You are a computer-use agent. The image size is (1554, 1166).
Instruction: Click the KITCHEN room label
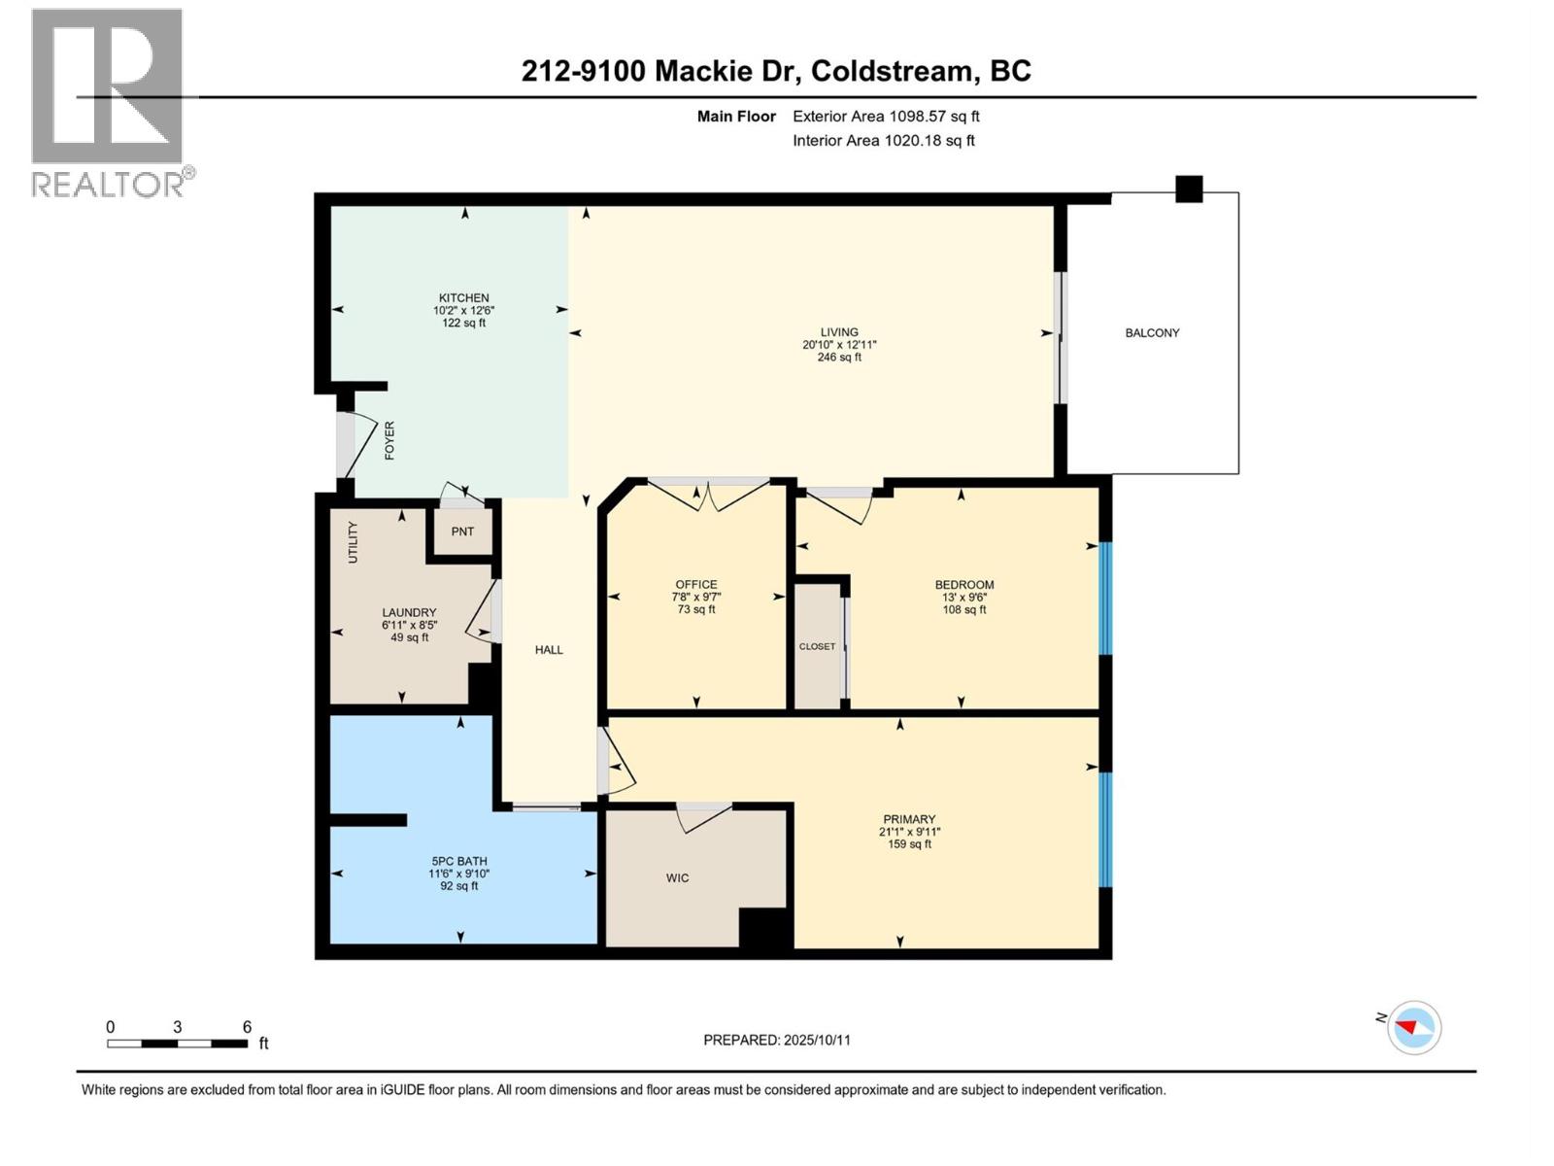[463, 298]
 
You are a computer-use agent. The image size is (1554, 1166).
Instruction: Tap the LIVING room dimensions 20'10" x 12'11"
[839, 345]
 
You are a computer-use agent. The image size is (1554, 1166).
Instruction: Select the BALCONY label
[1152, 333]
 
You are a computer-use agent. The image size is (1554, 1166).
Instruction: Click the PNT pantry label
[462, 532]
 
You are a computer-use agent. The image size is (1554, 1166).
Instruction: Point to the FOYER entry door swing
[357, 442]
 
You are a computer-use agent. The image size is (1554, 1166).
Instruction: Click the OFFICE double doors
[709, 494]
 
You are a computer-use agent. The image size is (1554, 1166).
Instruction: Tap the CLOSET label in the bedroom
[817, 646]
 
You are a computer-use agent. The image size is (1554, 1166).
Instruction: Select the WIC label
[677, 878]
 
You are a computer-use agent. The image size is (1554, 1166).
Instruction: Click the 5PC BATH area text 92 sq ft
[459, 886]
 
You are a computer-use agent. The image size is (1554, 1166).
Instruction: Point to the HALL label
[549, 650]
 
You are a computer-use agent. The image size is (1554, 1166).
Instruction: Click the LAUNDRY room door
[483, 613]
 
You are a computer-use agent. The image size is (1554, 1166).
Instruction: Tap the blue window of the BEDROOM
[1104, 598]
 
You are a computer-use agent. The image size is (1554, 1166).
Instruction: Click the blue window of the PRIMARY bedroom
[1104, 829]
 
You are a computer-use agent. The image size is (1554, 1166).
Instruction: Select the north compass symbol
[1413, 1027]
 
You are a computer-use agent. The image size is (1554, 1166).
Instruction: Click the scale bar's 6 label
[247, 1027]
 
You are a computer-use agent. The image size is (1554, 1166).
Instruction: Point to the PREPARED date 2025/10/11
[777, 1040]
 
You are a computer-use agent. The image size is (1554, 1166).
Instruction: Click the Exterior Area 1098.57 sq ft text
[886, 117]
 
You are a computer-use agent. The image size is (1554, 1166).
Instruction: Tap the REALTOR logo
[108, 102]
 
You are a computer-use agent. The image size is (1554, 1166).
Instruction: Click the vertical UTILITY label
[354, 542]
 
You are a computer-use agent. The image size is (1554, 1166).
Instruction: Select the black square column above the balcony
[1189, 189]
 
